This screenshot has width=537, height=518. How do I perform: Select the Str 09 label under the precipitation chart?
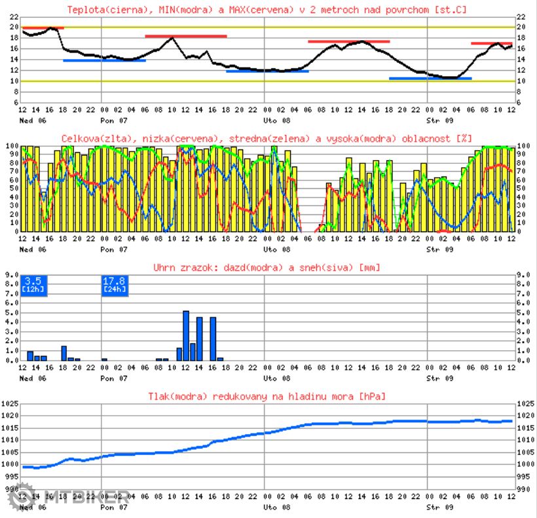(x=439, y=378)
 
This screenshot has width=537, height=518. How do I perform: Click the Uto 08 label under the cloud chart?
(x=276, y=250)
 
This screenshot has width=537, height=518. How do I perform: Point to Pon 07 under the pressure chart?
(x=115, y=508)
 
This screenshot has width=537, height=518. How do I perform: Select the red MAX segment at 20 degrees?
(x=43, y=28)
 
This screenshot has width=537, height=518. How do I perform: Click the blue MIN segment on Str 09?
(x=430, y=79)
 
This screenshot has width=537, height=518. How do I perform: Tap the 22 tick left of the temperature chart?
(x=14, y=16)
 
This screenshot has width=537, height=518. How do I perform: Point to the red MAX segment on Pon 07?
(x=185, y=36)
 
